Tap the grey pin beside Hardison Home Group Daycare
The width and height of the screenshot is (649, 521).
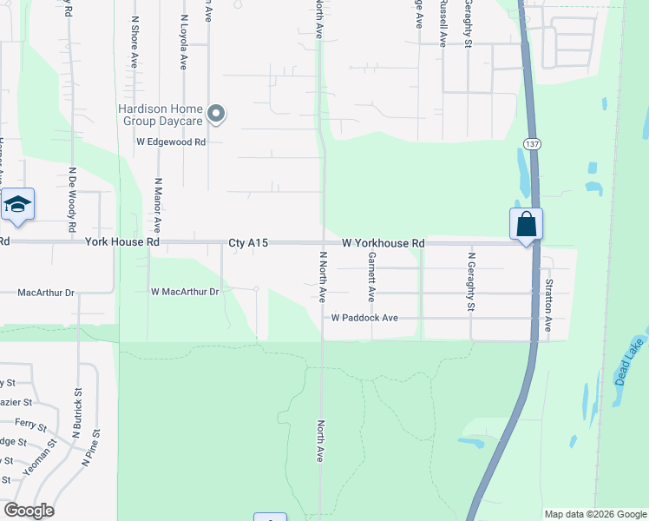[216, 114]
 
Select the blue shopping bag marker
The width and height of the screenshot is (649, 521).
[526, 224]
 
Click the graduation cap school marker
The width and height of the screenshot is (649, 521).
[17, 205]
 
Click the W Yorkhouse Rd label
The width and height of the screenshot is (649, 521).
[383, 244]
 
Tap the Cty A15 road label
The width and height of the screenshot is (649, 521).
[248, 244]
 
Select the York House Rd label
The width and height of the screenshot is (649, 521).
[122, 243]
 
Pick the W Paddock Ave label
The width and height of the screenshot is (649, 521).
[364, 319]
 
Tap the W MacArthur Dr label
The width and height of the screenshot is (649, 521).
[185, 292]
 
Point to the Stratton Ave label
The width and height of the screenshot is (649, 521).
[548, 305]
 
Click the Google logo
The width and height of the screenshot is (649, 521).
[29, 511]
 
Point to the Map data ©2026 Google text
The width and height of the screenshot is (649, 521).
[595, 514]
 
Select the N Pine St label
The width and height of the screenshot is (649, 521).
[92, 448]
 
